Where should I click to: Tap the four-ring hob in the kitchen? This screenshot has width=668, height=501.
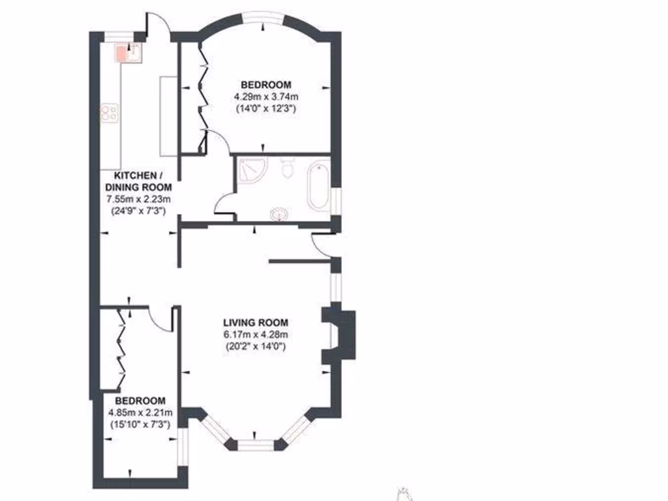tap(108, 114)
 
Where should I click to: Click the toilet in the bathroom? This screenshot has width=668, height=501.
tap(287, 168)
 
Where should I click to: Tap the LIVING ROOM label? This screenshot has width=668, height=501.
tap(255, 322)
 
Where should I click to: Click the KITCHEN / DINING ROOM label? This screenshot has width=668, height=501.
tap(135, 181)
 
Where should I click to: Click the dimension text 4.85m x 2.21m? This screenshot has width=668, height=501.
tap(140, 412)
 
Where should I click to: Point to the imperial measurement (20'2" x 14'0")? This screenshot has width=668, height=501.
tap(255, 346)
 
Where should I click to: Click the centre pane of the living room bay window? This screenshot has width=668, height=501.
tap(255, 445)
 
